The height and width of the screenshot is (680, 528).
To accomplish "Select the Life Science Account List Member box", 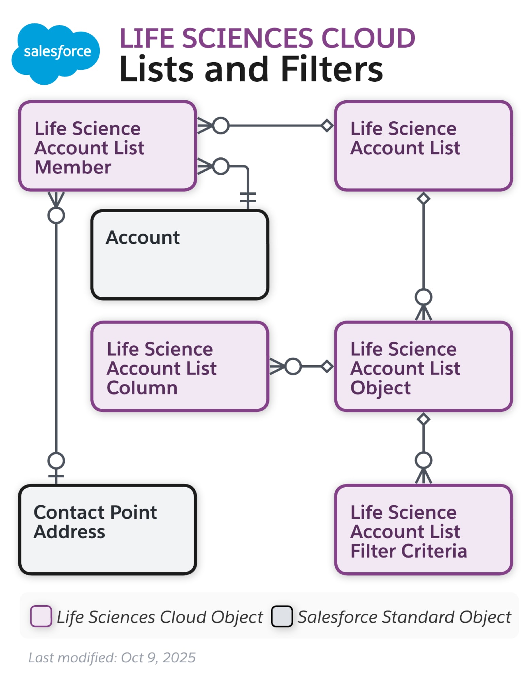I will click(x=107, y=146).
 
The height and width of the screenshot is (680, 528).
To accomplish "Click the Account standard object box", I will click(x=180, y=254).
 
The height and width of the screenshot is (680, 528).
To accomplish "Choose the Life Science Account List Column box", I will click(x=180, y=366).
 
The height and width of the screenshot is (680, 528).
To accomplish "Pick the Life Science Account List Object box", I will click(x=423, y=366).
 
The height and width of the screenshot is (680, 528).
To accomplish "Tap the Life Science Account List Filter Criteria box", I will click(x=423, y=529).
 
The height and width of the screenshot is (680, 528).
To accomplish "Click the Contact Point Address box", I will click(x=107, y=529).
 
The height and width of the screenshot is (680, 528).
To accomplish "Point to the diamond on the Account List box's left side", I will click(x=327, y=125).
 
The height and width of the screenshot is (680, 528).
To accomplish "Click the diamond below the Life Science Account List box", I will click(x=423, y=198).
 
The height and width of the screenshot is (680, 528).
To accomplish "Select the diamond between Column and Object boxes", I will click(x=327, y=366).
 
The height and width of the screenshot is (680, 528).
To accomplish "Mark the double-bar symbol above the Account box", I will click(x=248, y=197).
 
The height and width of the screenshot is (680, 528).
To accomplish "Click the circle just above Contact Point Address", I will click(x=56, y=460).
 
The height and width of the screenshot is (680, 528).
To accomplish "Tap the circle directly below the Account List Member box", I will click(x=56, y=215).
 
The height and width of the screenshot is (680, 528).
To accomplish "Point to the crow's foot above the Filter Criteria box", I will click(x=423, y=476).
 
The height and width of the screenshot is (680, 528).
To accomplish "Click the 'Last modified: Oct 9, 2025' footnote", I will click(x=112, y=657).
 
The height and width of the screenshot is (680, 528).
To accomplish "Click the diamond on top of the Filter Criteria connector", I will click(x=423, y=419).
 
